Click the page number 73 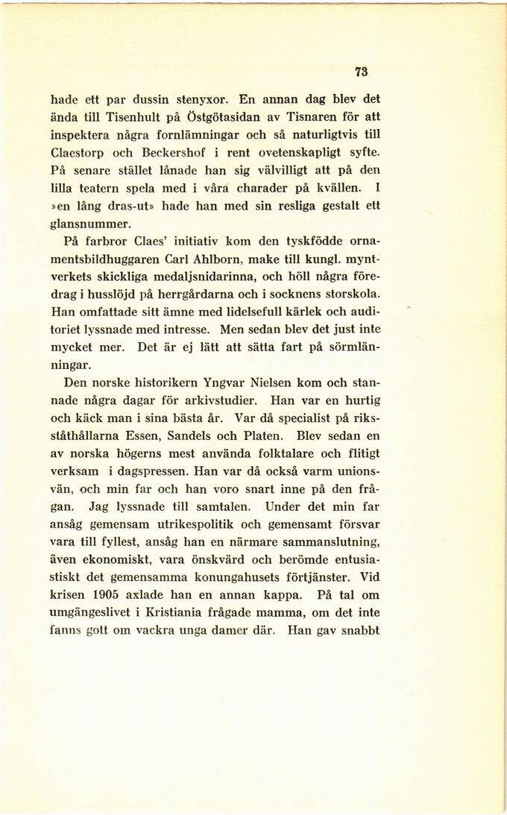(362, 72)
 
